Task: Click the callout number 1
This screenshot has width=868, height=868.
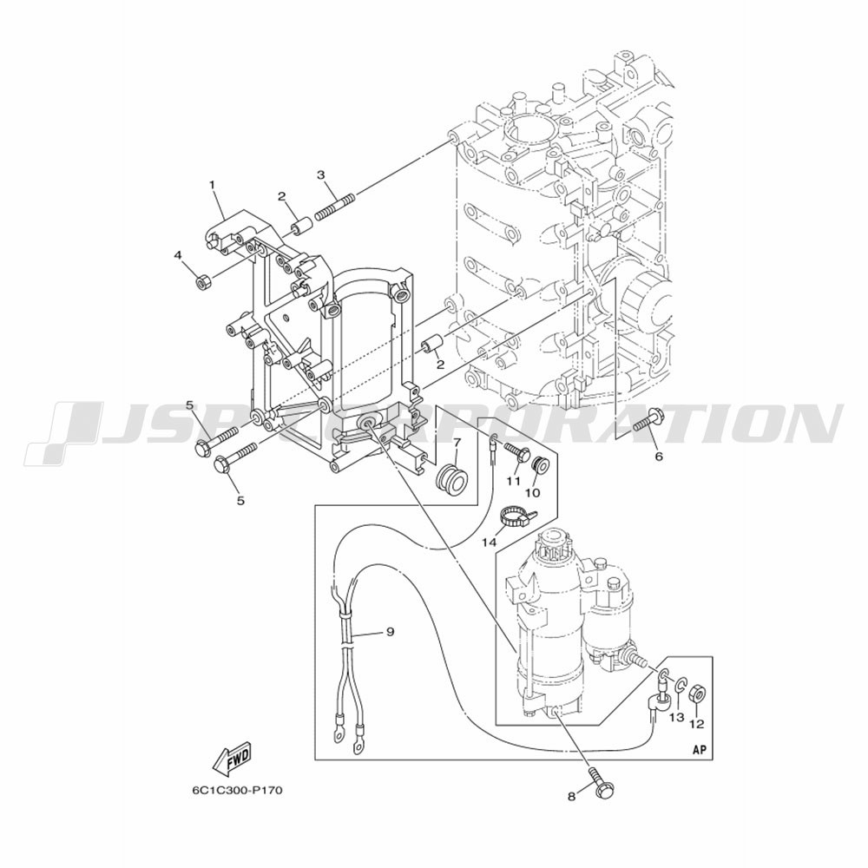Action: [212, 184]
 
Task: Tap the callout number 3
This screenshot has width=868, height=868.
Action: [320, 175]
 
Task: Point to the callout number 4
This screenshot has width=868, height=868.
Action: [178, 255]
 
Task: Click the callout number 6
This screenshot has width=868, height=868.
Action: [658, 457]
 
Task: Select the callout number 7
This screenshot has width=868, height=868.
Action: [457, 443]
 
